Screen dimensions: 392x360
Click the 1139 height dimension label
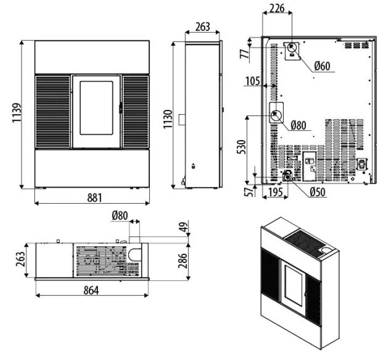pos(17,113)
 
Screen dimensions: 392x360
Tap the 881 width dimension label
pos(95,198)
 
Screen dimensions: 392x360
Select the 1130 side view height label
pos(168,119)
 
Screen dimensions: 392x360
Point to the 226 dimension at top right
pos(277,8)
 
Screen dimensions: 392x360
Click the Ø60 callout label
pos(322,66)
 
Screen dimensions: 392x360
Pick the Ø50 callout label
pos(318,192)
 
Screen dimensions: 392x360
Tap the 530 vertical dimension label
pos(241,147)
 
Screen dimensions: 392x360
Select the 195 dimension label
pos(275,192)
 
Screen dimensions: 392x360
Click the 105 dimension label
pos(253,81)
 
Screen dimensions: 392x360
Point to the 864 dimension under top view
pos(91,290)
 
